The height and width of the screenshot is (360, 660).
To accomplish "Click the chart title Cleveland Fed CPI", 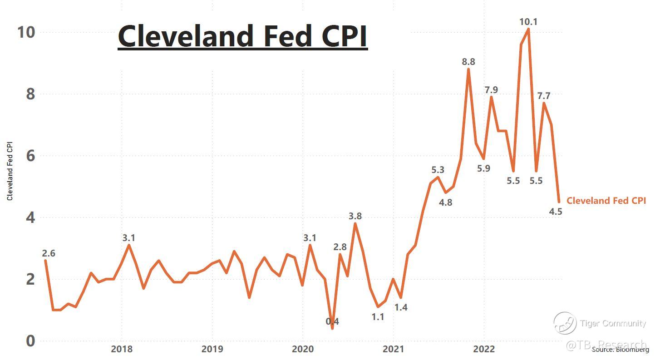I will [x=242, y=36].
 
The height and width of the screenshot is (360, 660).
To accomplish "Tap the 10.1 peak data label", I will [x=528, y=21].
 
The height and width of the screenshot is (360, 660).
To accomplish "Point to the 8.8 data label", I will [x=468, y=62].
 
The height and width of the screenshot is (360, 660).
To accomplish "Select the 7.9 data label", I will [x=491, y=90].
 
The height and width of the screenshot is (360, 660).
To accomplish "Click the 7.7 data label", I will [x=544, y=96].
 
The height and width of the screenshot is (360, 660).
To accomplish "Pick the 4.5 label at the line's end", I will [x=556, y=212].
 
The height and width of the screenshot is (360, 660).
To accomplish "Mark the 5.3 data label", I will [x=438, y=170].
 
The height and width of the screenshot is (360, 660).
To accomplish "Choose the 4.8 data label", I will [x=446, y=202].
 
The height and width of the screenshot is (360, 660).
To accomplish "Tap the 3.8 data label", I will [x=355, y=216].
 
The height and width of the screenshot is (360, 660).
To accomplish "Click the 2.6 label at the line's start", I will [x=49, y=253].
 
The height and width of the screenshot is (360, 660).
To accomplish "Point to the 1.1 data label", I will [x=378, y=317].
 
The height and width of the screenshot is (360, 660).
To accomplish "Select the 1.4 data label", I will [x=401, y=307].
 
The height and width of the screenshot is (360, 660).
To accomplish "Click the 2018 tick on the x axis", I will [x=122, y=349].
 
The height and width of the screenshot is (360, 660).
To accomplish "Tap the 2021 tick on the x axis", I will [x=393, y=349].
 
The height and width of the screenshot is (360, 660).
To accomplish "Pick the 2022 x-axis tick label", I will [x=484, y=349].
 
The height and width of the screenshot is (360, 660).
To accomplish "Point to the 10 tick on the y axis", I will [x=25, y=32].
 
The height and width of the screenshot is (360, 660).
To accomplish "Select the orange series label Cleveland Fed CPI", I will [x=606, y=200].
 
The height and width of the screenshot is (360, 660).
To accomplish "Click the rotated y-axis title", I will [x=10, y=171].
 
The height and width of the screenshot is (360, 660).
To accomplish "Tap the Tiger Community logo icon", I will [x=565, y=323].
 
